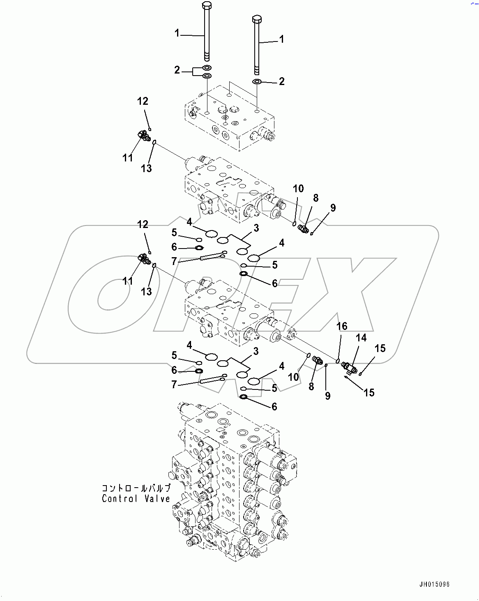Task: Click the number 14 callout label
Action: [x=361, y=338]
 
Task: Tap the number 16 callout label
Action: [x=342, y=326]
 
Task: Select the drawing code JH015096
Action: [x=434, y=584]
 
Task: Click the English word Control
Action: [x=120, y=499]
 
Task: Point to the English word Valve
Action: [x=157, y=499]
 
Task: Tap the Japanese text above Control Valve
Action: [x=136, y=488]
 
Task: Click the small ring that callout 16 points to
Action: [x=338, y=362]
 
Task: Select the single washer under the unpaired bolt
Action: [x=257, y=82]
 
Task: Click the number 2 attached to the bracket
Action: [x=177, y=70]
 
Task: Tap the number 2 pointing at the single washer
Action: [x=281, y=81]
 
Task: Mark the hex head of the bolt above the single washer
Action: [x=257, y=19]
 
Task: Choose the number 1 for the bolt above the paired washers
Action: [x=177, y=33]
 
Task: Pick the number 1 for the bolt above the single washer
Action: [x=281, y=39]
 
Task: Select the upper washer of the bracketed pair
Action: [x=207, y=67]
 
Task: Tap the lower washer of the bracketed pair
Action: [x=207, y=76]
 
